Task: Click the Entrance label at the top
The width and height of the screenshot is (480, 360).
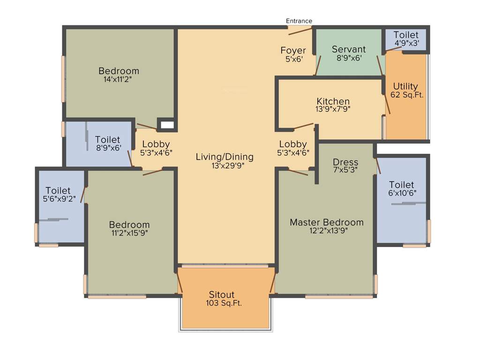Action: point(299,21)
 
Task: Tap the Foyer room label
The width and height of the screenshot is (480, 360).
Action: point(293,50)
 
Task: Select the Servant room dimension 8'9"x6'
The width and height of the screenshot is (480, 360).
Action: point(349,59)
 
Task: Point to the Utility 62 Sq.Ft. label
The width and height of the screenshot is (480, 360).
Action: point(406,90)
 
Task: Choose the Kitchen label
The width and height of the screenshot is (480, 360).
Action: point(333,101)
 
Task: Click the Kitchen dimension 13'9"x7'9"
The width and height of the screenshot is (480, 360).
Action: point(333,110)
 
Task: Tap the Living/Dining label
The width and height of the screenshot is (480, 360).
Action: point(225,157)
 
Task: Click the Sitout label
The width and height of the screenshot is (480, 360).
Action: point(222,294)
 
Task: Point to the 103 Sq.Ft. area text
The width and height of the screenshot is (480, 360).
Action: point(224,303)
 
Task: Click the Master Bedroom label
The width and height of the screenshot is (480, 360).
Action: point(326,222)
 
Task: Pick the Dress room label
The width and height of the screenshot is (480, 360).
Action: point(345,162)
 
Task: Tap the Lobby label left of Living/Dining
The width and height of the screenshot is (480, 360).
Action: point(156,144)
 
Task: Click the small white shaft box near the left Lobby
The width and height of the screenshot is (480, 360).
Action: point(166,125)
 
